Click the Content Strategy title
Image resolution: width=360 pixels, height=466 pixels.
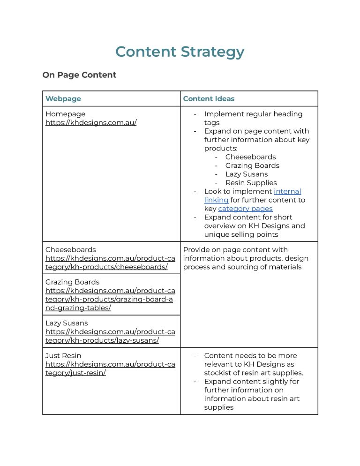pos(180,52)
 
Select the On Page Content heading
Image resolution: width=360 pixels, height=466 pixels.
pos(79,75)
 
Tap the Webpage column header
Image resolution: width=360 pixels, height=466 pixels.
pos(63,98)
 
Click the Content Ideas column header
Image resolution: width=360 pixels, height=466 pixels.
pos(209,98)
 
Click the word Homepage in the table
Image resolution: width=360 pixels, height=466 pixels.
pos(65,114)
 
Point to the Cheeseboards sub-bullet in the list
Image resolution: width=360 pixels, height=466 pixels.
pos(250,157)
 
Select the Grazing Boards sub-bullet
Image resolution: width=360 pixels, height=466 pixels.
pos(252,165)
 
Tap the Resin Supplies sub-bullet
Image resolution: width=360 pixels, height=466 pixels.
pos(251,183)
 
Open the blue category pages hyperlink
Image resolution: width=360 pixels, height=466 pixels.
pos(245,209)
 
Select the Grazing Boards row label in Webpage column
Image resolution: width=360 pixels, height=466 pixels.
pos(72,282)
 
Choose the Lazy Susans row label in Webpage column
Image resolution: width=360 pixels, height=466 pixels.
pos(67,323)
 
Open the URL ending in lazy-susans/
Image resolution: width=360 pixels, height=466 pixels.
pos(110,336)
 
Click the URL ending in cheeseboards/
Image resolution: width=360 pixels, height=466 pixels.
pos(110,263)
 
